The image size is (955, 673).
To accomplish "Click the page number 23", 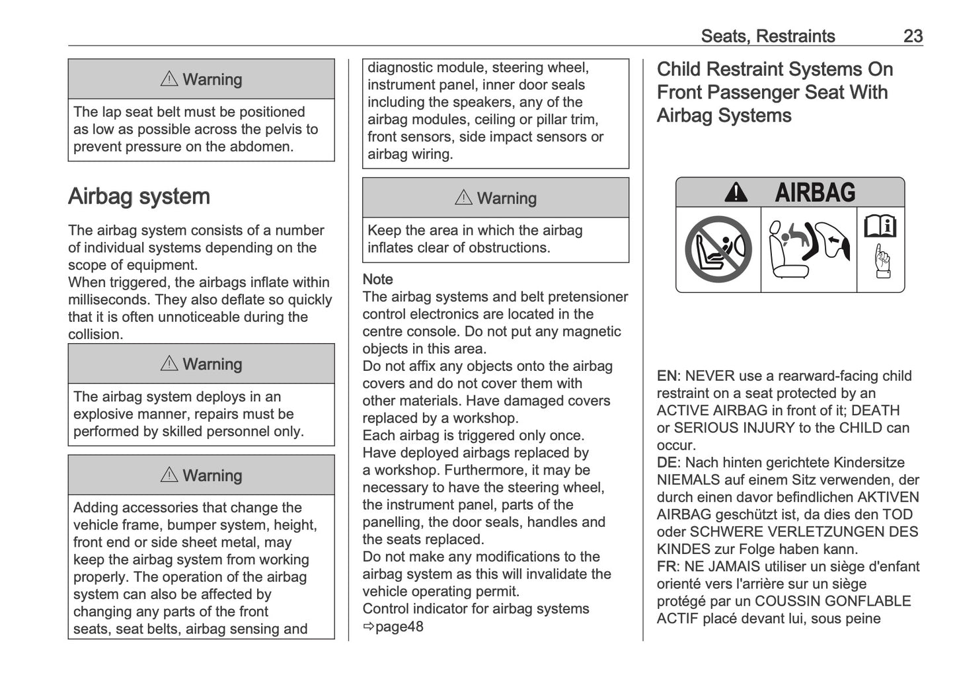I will coord(912,36).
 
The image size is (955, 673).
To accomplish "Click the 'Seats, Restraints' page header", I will coord(767,36).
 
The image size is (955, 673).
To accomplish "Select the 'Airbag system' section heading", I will coord(139,196).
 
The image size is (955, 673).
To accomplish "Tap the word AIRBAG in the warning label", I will coord(814,193).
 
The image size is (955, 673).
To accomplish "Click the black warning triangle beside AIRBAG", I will coord(736,193).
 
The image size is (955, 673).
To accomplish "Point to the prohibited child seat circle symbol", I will coord(718,250).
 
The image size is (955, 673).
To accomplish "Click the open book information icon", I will coord(880,227).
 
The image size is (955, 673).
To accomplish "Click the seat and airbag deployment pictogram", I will coord(808,250).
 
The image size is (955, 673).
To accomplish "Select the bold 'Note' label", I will coord(377,280).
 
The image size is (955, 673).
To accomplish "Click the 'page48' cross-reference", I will coord(399,627).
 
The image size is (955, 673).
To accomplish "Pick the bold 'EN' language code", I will coord(666,376).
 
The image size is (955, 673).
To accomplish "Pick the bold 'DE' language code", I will coord(666,463).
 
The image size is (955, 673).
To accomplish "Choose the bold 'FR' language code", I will coord(666,567).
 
